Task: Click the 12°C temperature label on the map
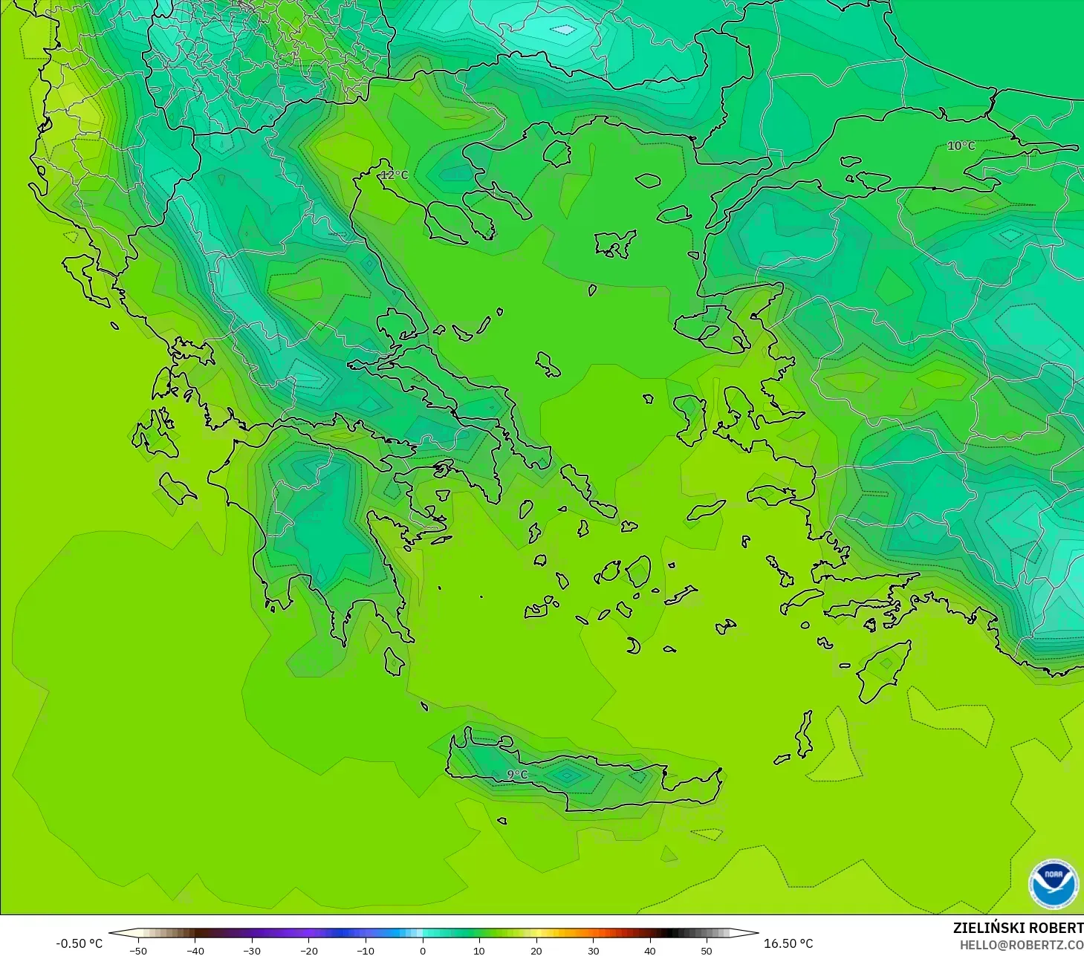tap(395, 175)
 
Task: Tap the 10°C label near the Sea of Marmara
tap(961, 146)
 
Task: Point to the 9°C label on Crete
tap(517, 775)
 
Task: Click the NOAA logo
tap(1053, 884)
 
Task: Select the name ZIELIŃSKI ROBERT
tap(1018, 928)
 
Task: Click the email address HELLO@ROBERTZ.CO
tap(1021, 946)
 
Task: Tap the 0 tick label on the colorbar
tap(422, 951)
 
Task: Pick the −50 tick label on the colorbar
tap(137, 951)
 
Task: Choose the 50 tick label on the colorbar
tap(706, 951)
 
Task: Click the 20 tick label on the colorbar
tap(536, 951)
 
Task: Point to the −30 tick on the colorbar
tap(251, 951)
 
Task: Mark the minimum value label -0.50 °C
tap(79, 943)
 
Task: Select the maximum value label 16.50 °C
tap(788, 943)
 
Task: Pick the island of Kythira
tap(395, 661)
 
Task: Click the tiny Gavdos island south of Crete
tap(502, 821)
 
